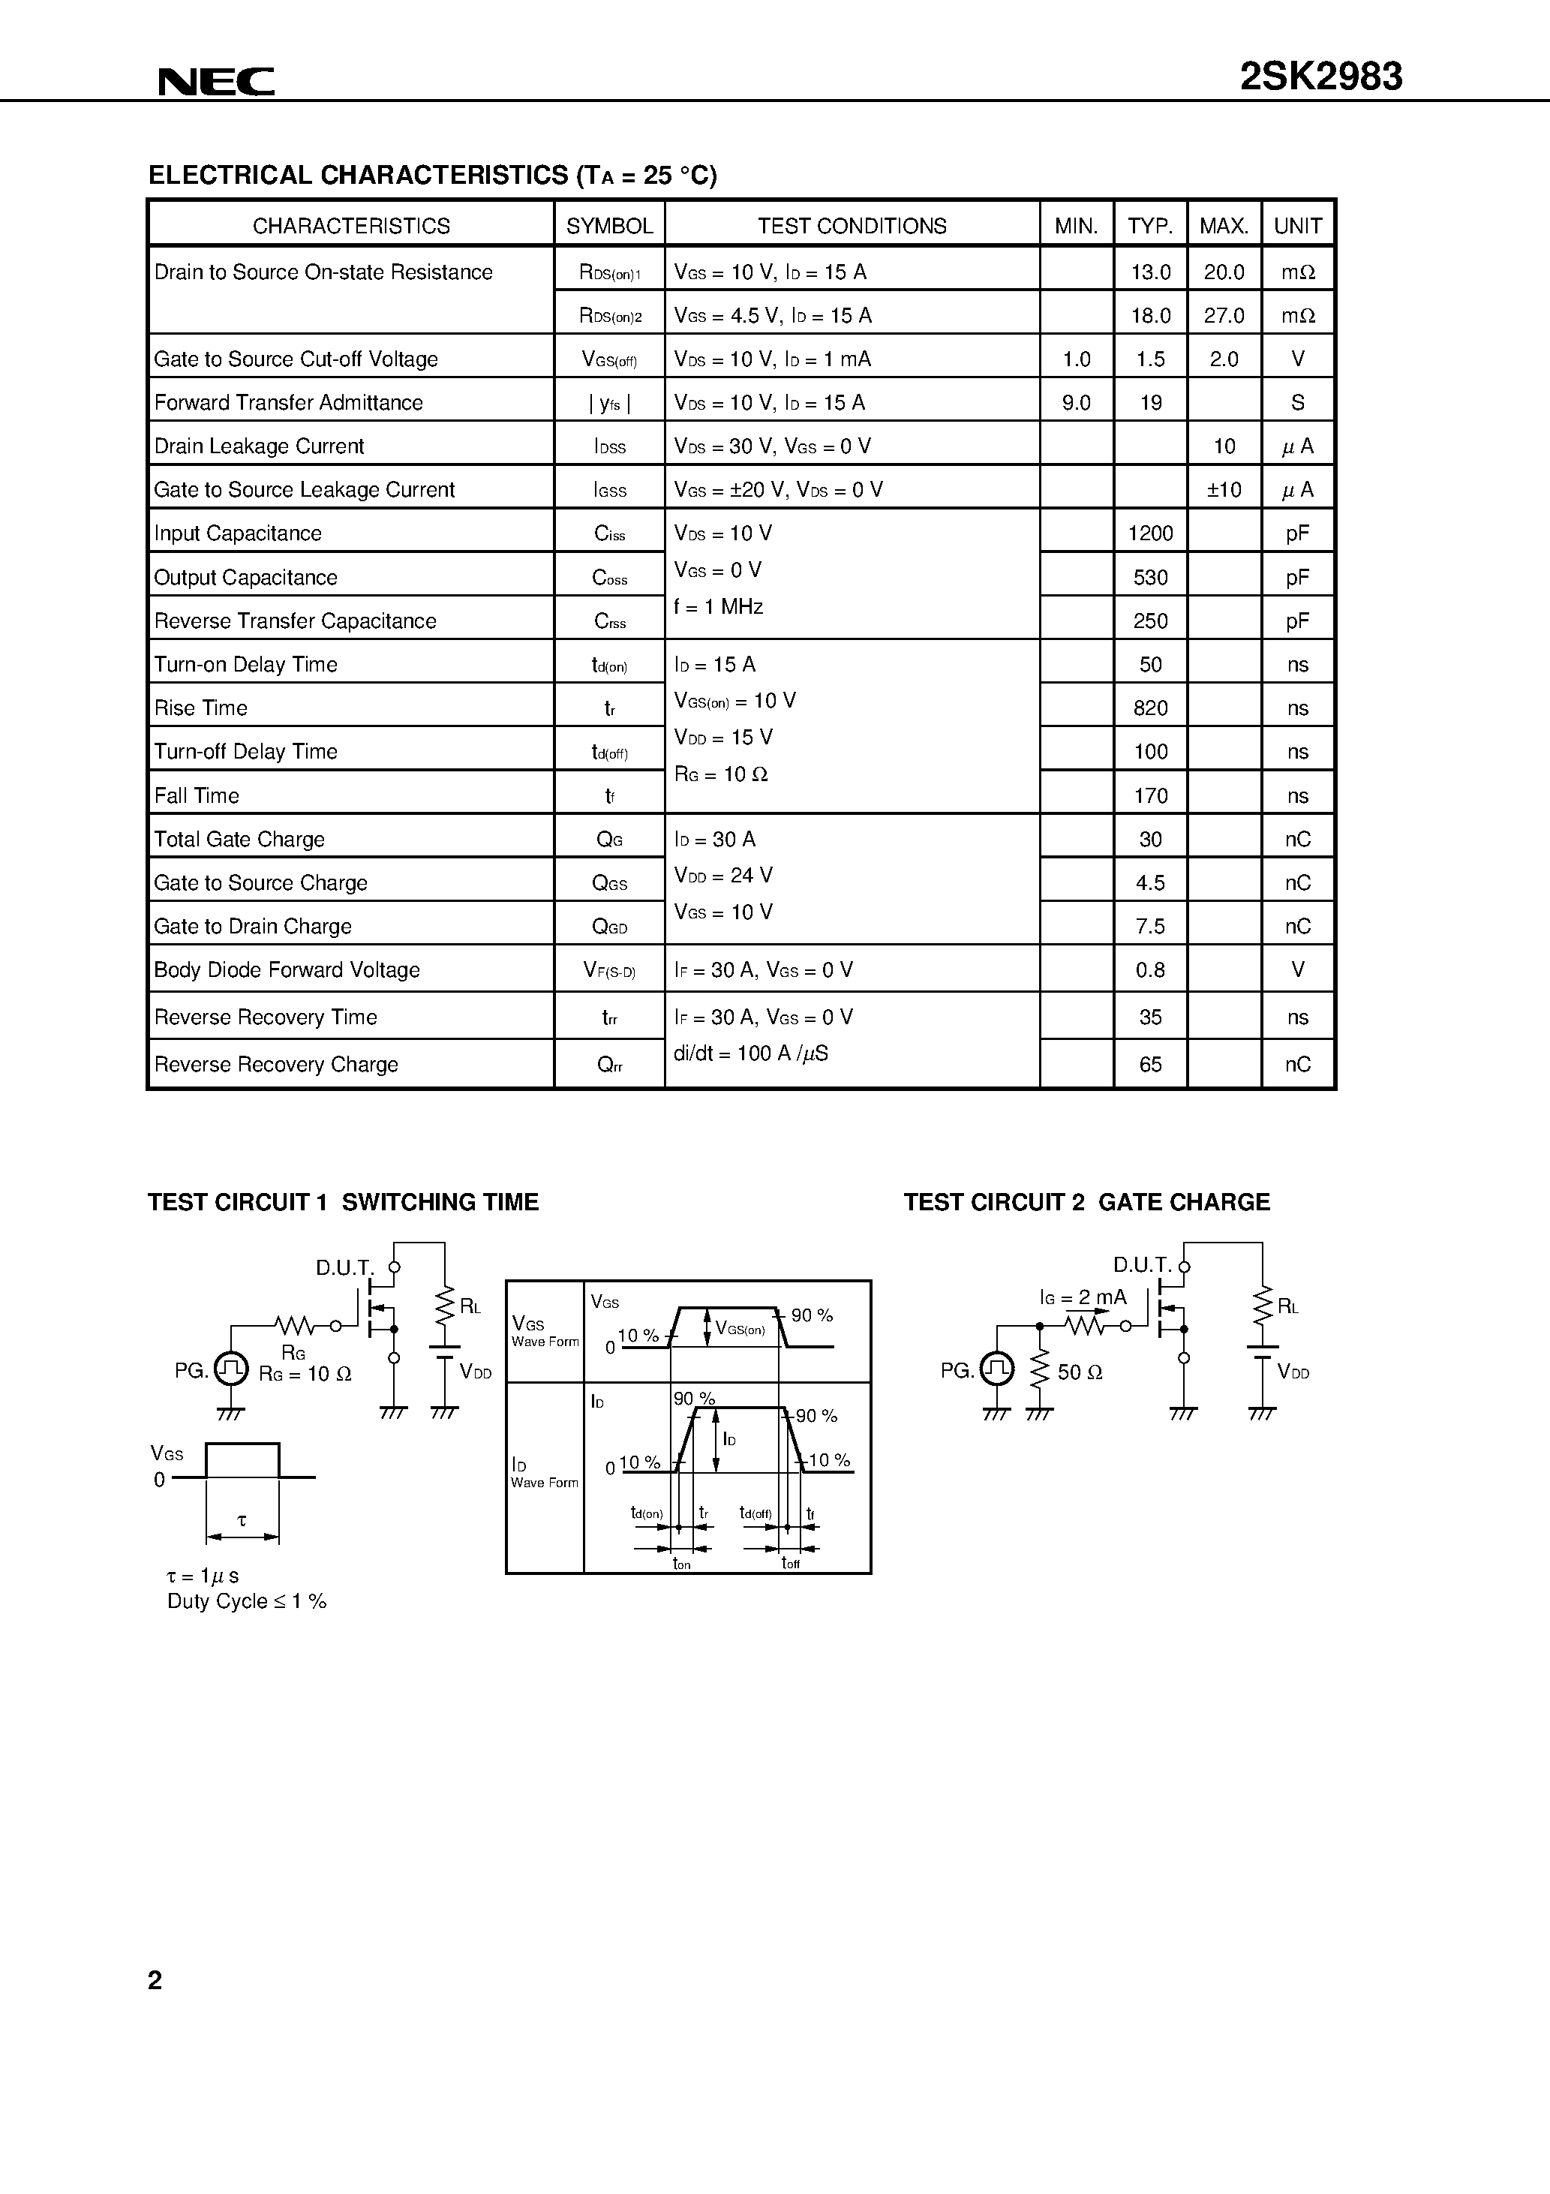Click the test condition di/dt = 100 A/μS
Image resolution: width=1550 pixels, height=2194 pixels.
point(750,1053)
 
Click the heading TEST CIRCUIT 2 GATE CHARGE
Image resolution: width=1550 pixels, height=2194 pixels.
point(1086,1202)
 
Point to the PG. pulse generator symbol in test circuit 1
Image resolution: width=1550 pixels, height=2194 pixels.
point(230,1369)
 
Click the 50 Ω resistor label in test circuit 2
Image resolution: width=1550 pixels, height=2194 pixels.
point(1080,1372)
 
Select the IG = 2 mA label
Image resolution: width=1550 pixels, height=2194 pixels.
point(1083,1297)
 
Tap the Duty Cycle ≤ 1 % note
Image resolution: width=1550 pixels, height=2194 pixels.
point(247,1601)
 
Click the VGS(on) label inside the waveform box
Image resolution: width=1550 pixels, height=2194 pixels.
point(740,1328)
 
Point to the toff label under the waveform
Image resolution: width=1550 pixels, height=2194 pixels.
point(790,1562)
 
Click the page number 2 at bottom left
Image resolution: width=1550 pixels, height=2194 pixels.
point(155,1980)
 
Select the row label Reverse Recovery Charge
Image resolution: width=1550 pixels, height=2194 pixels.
point(275,1065)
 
